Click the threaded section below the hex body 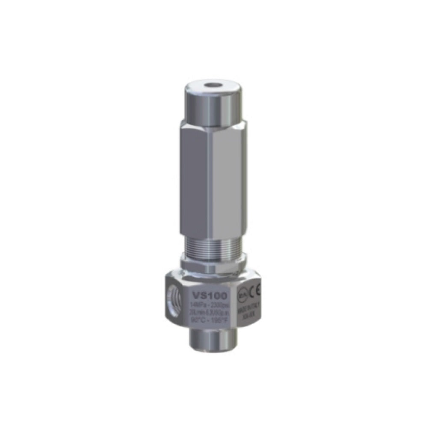[x=213, y=247]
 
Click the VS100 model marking [x=210, y=295]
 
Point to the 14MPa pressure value [x=198, y=305]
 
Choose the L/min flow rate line [x=210, y=313]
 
